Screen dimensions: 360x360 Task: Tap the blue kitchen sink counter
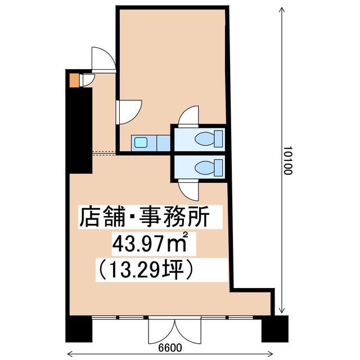click(151, 143)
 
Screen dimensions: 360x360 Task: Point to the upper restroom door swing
click(188, 116)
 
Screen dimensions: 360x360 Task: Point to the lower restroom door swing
click(188, 190)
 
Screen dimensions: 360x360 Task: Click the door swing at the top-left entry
click(102, 57)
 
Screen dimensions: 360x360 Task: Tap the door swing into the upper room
click(129, 109)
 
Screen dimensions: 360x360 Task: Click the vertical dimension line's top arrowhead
click(280, 10)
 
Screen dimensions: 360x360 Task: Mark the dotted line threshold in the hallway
click(104, 152)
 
